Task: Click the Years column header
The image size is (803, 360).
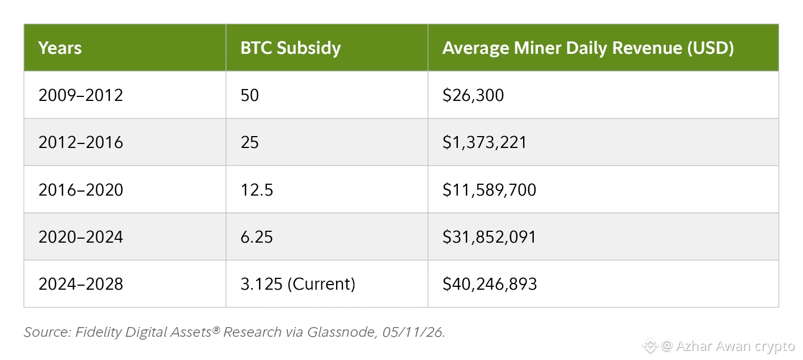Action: (x=60, y=48)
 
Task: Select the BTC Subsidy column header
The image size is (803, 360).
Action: (x=290, y=48)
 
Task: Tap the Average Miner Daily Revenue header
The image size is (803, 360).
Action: (x=588, y=48)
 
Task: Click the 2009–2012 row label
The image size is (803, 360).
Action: (x=80, y=95)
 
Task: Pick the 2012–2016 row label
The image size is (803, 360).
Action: (x=80, y=142)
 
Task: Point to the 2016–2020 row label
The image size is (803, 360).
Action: (x=80, y=190)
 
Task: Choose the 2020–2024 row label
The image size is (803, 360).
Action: (x=80, y=237)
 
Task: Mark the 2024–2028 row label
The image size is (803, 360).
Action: (x=80, y=284)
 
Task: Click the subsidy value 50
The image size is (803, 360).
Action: (x=249, y=95)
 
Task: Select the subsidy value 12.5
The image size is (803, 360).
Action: (x=257, y=190)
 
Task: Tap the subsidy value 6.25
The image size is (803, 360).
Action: (x=257, y=237)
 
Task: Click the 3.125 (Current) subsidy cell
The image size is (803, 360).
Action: (x=298, y=285)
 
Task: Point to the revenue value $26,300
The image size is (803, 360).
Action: (x=473, y=95)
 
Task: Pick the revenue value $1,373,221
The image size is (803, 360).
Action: (x=485, y=142)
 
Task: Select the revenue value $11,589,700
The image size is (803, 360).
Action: (x=489, y=190)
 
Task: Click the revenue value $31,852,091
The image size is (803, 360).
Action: (x=489, y=237)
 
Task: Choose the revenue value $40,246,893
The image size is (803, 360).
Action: (x=490, y=284)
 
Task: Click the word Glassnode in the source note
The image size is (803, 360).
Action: (x=341, y=332)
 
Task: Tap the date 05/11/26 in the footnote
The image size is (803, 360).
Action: (x=413, y=332)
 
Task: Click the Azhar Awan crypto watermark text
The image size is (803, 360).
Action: (x=735, y=346)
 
